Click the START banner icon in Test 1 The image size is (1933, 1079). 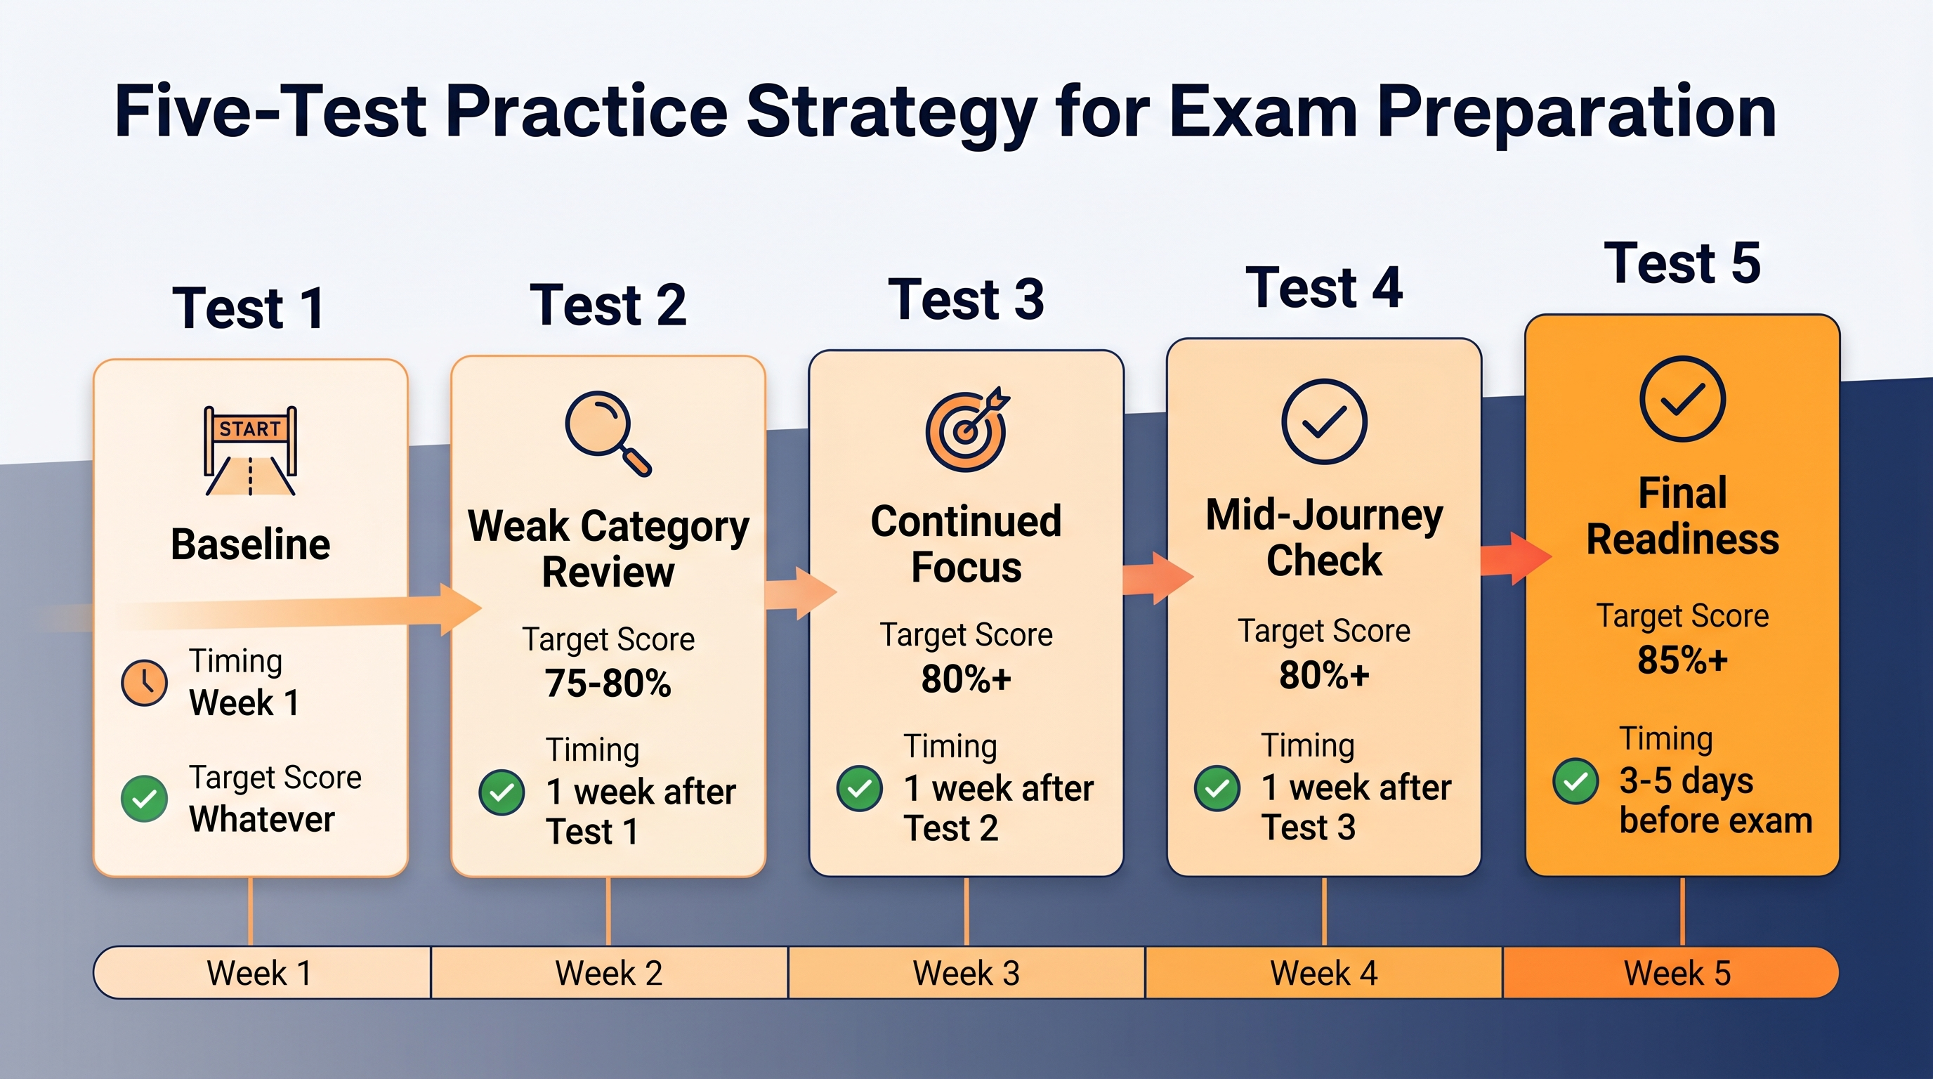pyautogui.click(x=251, y=450)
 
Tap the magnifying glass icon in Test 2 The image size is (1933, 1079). pyautogui.click(x=608, y=433)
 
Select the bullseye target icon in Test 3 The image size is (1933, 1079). pyautogui.click(x=967, y=429)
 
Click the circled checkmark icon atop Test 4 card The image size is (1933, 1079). pyautogui.click(x=1325, y=421)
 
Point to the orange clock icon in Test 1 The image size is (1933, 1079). pyautogui.click(x=144, y=683)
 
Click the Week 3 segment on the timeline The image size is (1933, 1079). pyautogui.click(x=967, y=972)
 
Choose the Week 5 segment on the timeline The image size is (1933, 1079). pyautogui.click(x=1671, y=972)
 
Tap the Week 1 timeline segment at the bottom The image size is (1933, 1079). pyautogui.click(x=262, y=972)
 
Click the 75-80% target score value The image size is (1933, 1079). pyautogui.click(x=608, y=683)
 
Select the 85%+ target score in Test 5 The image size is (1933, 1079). pyautogui.click(x=1682, y=660)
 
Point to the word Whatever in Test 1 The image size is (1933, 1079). pyautogui.click(x=262, y=819)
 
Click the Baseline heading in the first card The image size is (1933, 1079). pyautogui.click(x=251, y=544)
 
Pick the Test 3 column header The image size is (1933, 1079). pyautogui.click(x=967, y=299)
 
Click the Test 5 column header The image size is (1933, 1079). pyautogui.click(x=1682, y=263)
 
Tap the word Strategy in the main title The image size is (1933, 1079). pyautogui.click(x=892, y=112)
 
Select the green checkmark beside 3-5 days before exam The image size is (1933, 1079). pyautogui.click(x=1575, y=781)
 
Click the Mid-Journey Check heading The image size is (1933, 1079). pyautogui.click(x=1325, y=537)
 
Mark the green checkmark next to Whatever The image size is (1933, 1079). pyautogui.click(x=144, y=799)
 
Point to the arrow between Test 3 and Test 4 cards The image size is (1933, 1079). pyautogui.click(x=1158, y=577)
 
